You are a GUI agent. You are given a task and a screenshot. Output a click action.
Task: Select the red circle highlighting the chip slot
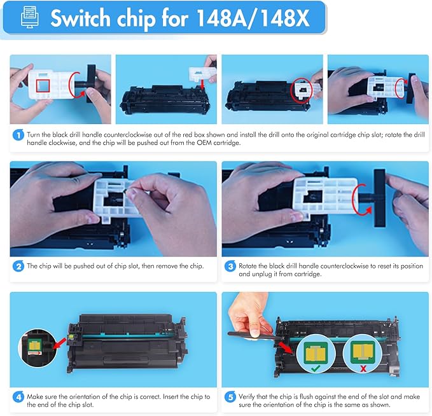point(300,91)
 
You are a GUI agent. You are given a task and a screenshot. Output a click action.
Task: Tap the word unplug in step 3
point(269,275)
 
